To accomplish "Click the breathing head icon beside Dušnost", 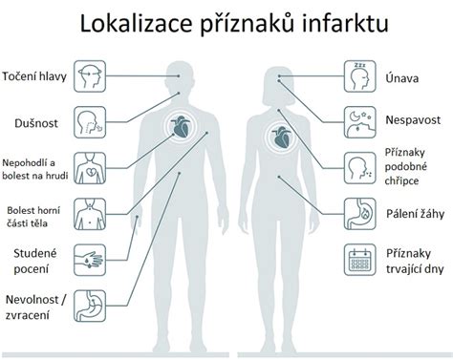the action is coord(90,122).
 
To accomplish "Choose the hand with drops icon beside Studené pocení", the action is coord(90,260).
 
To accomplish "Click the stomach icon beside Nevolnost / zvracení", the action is coord(90,307).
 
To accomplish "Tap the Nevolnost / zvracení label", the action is coord(36,307).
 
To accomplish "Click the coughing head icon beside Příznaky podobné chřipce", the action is coord(360,168).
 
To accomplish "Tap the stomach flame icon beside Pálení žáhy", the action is coord(360,215).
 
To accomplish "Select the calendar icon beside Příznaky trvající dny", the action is coord(360,261).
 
